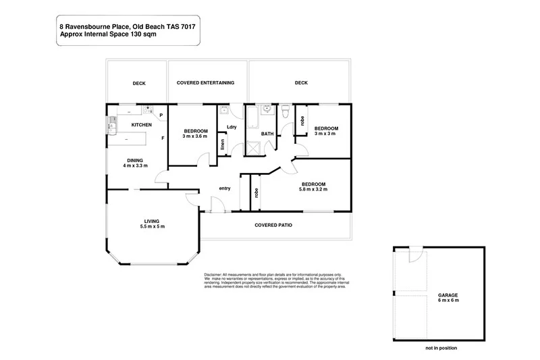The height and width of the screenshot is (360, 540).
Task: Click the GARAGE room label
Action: pos(448,295)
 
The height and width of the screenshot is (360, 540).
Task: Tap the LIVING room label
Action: pos(151,220)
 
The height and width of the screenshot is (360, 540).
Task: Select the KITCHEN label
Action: pos(141,125)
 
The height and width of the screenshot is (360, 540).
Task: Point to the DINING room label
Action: pos(135,160)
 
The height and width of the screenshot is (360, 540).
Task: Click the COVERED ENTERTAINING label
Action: pos(205,83)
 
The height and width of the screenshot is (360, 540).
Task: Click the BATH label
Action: pos(267,134)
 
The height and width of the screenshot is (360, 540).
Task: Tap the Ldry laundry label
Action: pos(232,126)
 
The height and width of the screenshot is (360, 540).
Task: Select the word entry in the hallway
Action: pos(225,188)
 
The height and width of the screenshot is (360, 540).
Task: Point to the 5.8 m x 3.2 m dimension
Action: pos(314,190)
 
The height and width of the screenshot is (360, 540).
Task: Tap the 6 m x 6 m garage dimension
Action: pos(448,300)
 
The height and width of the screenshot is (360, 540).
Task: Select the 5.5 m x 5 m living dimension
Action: pos(151,226)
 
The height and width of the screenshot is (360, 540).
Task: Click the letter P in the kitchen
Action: pos(161,115)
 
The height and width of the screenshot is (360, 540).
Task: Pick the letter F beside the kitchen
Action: pos(162,138)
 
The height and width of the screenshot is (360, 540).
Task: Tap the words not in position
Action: pos(441,349)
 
